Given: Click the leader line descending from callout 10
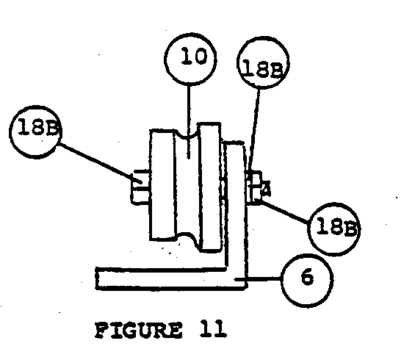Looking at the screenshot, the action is coord(189,122).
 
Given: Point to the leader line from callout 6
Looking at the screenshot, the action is coord(257,279).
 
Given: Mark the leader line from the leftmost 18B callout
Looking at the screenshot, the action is coord(100,163).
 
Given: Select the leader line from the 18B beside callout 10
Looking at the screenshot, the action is coord(255,131).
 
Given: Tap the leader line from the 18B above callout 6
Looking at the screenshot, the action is coord(284,211).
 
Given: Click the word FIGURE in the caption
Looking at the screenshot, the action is coord(139,330).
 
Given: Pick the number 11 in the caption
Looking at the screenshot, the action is coord(213,328).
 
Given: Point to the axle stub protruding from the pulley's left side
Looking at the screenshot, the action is coord(141,187).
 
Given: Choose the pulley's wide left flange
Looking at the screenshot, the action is coord(162,184).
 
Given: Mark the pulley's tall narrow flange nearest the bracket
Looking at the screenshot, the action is coord(211,187).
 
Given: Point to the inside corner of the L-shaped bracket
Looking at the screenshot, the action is coord(226,269).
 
